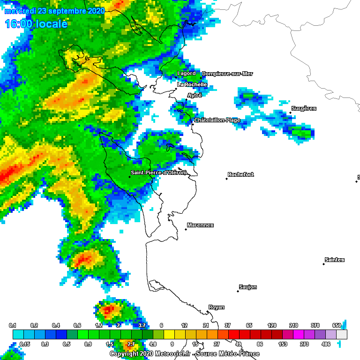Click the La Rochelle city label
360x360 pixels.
click(x=192, y=84)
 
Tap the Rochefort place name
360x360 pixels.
click(x=240, y=174)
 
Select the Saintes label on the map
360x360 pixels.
click(x=334, y=260)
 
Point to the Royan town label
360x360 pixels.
click(x=216, y=307)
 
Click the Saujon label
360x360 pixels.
click(x=247, y=287)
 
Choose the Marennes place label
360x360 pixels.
click(x=200, y=225)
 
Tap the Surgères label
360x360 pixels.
click(x=304, y=108)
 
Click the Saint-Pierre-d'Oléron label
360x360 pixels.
click(x=158, y=172)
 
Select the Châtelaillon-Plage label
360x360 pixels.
click(x=217, y=120)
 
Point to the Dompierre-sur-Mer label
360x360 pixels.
click(x=227, y=74)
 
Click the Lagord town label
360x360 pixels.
click(x=186, y=73)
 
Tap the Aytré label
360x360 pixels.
click(x=195, y=95)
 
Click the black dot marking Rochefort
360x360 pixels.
click(x=226, y=179)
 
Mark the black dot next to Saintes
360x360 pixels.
click(x=323, y=264)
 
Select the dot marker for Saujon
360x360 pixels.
click(x=238, y=291)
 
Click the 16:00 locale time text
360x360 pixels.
click(x=36, y=24)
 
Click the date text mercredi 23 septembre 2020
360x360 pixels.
click(x=54, y=11)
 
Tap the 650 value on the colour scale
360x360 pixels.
click(x=337, y=325)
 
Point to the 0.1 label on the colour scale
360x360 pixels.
click(x=13, y=325)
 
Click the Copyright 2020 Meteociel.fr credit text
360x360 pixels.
click(x=184, y=354)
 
